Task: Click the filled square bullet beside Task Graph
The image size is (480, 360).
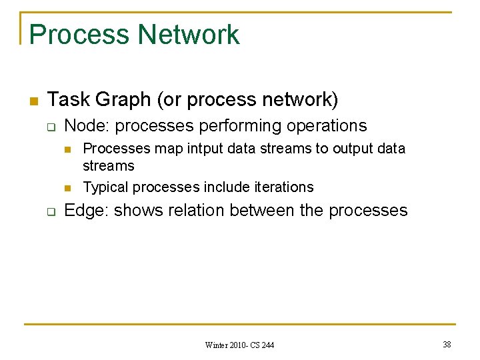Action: (31, 101)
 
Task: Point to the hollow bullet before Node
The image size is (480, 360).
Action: (50, 127)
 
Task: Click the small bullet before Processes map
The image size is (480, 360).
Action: (68, 149)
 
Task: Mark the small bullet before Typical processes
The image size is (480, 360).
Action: (68, 187)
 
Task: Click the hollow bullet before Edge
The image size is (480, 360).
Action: (50, 212)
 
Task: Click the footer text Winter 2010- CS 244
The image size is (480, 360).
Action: (239, 345)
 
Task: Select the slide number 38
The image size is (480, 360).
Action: (446, 344)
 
